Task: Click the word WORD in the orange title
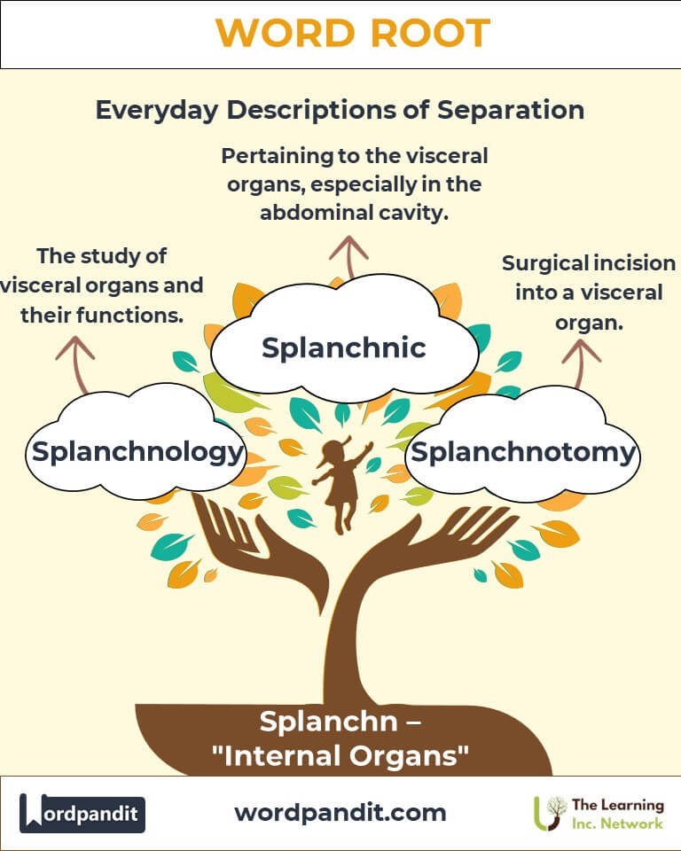click(281, 34)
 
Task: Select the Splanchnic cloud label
click(344, 347)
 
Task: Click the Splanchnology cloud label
click(137, 452)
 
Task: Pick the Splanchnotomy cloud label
click(524, 452)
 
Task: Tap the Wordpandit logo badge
click(82, 813)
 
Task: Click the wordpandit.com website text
click(340, 812)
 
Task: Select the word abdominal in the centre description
click(309, 212)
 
